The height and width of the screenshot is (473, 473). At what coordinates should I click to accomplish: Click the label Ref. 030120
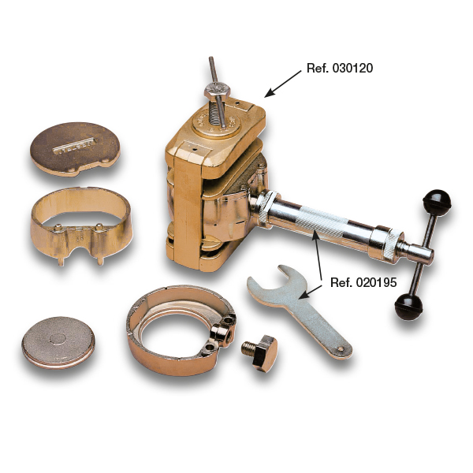pyautogui.click(x=339, y=68)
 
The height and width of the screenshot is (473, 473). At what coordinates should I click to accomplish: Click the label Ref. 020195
pyautogui.click(x=363, y=283)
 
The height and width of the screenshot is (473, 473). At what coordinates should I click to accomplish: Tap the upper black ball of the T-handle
pyautogui.click(x=437, y=203)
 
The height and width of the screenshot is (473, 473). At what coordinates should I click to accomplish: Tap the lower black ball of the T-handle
pyautogui.click(x=408, y=307)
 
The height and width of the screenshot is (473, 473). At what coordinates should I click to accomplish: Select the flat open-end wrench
pyautogui.click(x=299, y=311)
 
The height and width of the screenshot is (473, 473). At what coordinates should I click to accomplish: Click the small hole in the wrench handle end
pyautogui.click(x=341, y=349)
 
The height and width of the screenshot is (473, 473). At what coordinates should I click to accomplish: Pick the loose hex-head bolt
pyautogui.click(x=260, y=352)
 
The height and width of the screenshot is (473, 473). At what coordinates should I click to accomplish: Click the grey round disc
pyautogui.click(x=58, y=343)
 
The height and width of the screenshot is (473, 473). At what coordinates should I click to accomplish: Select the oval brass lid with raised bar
pyautogui.click(x=75, y=149)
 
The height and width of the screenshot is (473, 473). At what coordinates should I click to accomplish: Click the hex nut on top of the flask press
pyautogui.click(x=217, y=90)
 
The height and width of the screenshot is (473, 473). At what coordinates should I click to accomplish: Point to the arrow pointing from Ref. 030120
pyautogui.click(x=283, y=84)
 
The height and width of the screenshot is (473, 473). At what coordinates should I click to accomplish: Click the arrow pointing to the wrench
pyautogui.click(x=310, y=292)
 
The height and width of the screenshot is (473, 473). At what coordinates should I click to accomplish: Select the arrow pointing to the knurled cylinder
pyautogui.click(x=318, y=255)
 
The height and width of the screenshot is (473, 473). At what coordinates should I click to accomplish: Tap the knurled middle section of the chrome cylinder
pyautogui.click(x=322, y=221)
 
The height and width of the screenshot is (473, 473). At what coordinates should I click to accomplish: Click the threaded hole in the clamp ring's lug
pyautogui.click(x=229, y=334)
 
